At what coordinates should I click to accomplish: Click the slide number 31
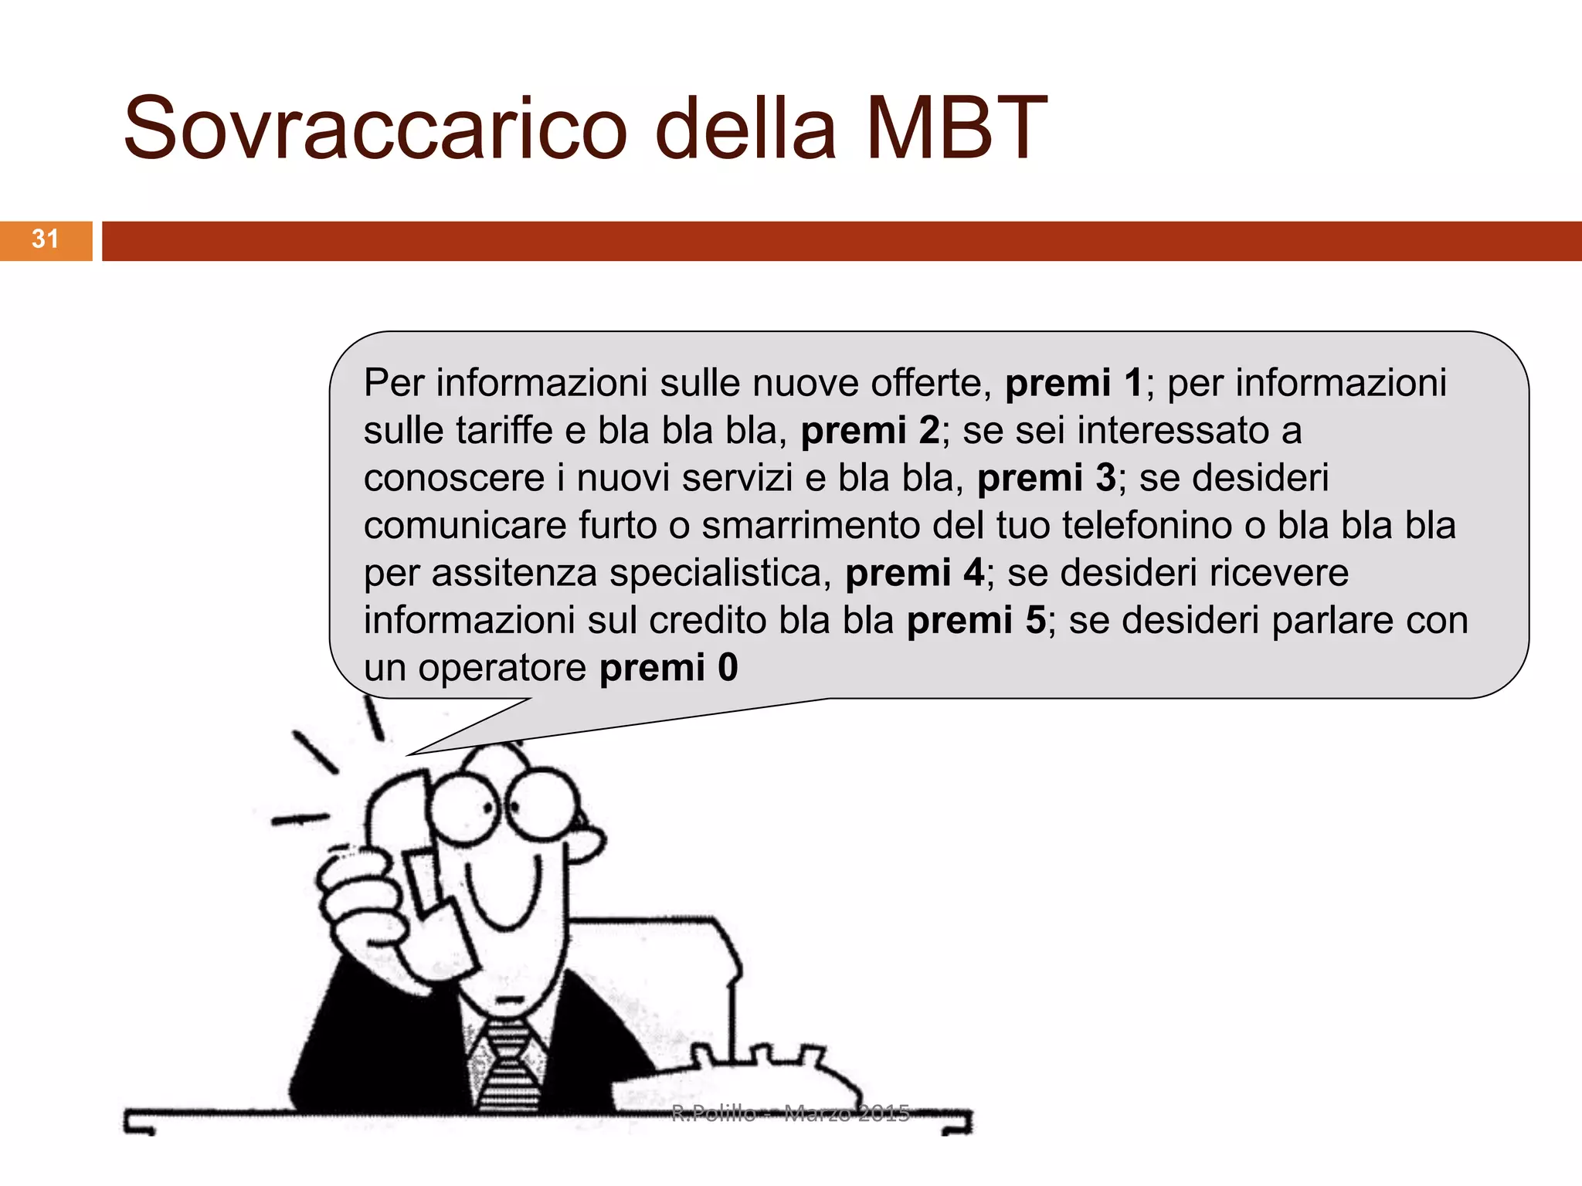click(x=46, y=239)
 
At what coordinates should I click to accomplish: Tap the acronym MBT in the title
click(x=956, y=129)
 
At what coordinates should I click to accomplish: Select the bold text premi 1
click(x=1073, y=383)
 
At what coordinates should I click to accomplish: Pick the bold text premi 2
click(x=870, y=431)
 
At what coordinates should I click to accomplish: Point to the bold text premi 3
click(x=1046, y=478)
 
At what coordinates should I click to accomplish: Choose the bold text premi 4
click(x=915, y=573)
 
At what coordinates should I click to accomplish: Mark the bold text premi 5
click(x=976, y=621)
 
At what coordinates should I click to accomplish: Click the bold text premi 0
click(x=668, y=668)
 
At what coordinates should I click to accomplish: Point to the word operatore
click(x=502, y=668)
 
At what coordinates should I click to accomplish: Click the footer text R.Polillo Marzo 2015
click(x=789, y=1113)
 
